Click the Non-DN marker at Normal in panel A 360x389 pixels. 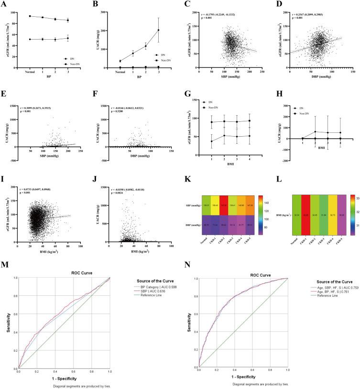click(x=30, y=16)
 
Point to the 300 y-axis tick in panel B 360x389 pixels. click(x=109, y=10)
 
